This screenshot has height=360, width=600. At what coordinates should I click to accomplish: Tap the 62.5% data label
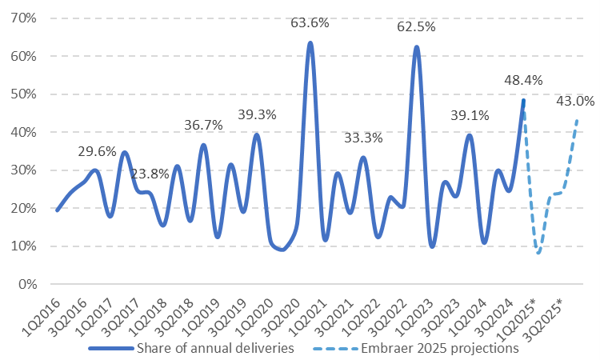tap(416, 27)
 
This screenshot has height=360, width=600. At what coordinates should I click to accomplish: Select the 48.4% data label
tap(524, 81)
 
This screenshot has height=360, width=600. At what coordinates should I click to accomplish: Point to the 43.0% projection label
tap(575, 102)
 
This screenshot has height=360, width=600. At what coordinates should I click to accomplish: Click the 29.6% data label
tap(98, 151)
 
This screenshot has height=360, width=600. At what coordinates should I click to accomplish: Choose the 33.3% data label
tap(363, 138)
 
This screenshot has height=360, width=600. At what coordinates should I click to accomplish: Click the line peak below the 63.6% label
tap(310, 43)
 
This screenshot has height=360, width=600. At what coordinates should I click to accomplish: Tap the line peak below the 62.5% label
tap(416, 47)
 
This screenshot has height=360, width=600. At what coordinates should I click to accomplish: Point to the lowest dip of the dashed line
tap(538, 253)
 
